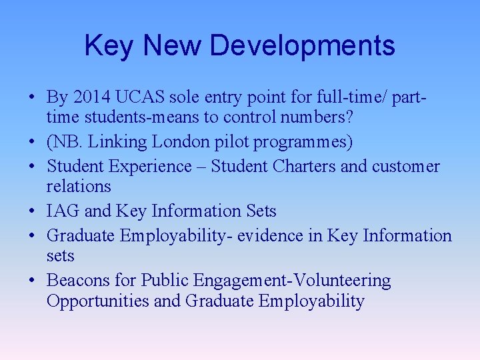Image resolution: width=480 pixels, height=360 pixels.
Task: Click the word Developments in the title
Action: tap(302, 46)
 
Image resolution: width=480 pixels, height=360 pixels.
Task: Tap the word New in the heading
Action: tap(172, 46)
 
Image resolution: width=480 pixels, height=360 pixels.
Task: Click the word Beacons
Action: tap(77, 281)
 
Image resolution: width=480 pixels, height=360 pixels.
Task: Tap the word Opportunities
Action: tap(98, 301)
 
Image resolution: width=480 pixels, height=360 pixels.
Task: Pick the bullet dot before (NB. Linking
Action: tap(32, 143)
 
